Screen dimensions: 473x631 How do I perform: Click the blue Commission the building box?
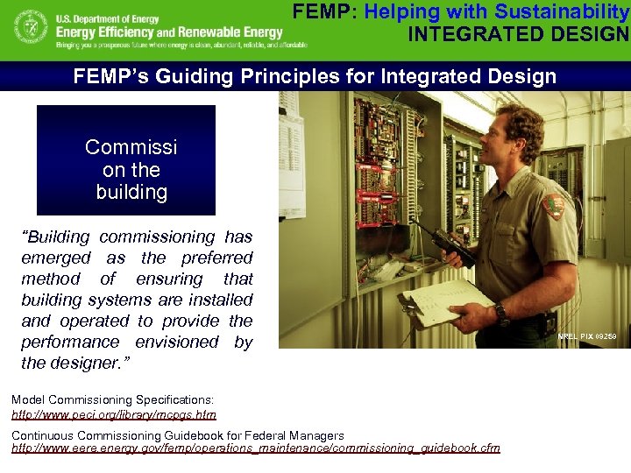[x=126, y=160]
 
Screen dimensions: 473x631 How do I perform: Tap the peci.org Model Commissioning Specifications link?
[x=114, y=414]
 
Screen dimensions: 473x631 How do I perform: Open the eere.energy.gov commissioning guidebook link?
[x=255, y=448]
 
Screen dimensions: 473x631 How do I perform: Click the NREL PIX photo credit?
[x=587, y=336]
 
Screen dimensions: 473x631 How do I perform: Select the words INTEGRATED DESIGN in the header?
[x=518, y=35]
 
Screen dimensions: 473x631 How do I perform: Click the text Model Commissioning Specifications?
[x=112, y=399]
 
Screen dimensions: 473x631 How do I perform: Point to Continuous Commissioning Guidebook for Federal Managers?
[x=177, y=435]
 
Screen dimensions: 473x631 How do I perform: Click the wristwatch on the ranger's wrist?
[x=500, y=311]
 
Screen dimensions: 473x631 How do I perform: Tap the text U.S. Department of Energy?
[x=104, y=18]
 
